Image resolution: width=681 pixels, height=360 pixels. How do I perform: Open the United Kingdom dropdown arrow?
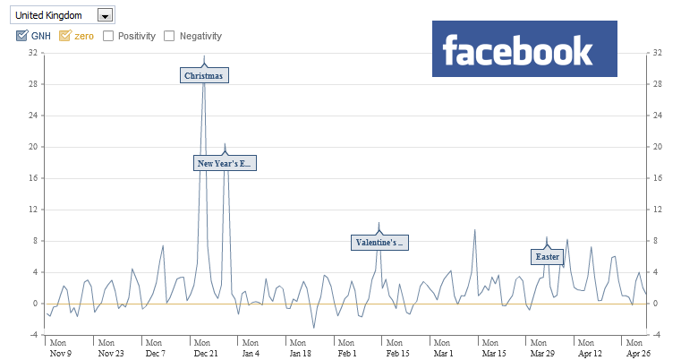click(x=106, y=15)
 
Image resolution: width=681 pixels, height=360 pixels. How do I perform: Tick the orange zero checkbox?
click(x=64, y=36)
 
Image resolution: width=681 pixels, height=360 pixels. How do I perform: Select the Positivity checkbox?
click(x=108, y=36)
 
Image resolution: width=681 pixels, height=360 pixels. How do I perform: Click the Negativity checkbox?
click(x=170, y=36)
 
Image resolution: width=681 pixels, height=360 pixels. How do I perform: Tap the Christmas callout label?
click(x=205, y=76)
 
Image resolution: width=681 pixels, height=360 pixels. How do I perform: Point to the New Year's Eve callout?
click(x=226, y=163)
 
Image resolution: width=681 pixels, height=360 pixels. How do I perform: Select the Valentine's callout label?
click(x=380, y=243)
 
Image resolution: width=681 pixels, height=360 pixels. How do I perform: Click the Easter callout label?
click(x=548, y=257)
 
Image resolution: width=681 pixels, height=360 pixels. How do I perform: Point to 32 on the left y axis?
click(x=32, y=53)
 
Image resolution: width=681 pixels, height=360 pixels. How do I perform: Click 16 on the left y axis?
click(x=32, y=178)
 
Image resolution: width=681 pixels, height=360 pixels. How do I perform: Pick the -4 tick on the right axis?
click(x=657, y=335)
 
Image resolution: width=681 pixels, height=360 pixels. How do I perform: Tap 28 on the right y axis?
click(x=657, y=84)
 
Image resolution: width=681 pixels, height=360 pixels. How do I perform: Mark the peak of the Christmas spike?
click(x=204, y=56)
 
